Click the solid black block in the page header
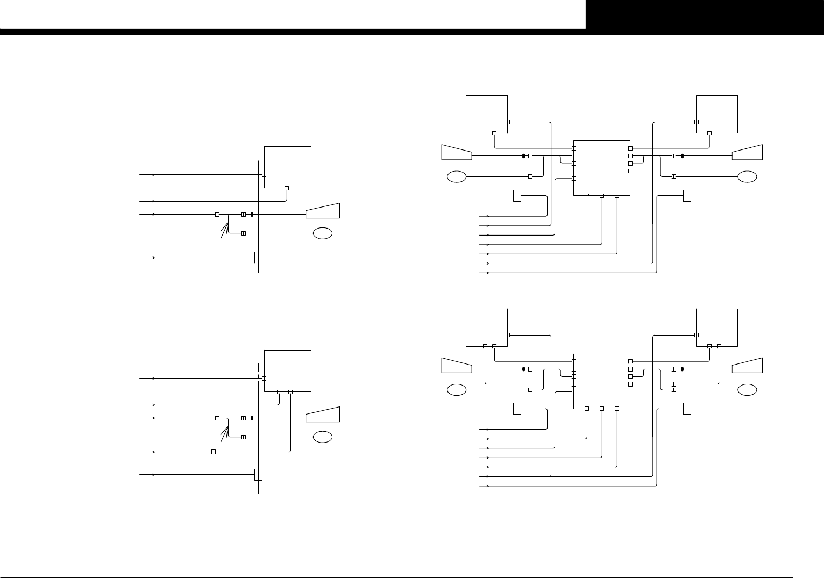(x=704, y=15)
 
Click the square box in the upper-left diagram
(x=288, y=167)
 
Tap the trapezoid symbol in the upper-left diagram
(x=323, y=211)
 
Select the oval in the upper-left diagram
(x=323, y=233)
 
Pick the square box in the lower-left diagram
(x=288, y=371)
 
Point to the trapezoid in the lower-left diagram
(x=323, y=415)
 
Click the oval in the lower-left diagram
(x=323, y=437)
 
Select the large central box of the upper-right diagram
(x=602, y=168)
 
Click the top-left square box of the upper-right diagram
(x=487, y=114)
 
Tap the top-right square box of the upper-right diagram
(x=717, y=114)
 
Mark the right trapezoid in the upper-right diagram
(x=747, y=152)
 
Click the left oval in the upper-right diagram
(x=457, y=176)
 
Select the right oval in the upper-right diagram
(x=747, y=176)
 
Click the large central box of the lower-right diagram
(x=602, y=381)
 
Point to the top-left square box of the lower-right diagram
(x=487, y=327)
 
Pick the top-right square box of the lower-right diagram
(x=717, y=327)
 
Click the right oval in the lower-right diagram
(x=747, y=390)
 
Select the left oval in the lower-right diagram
(x=457, y=390)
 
